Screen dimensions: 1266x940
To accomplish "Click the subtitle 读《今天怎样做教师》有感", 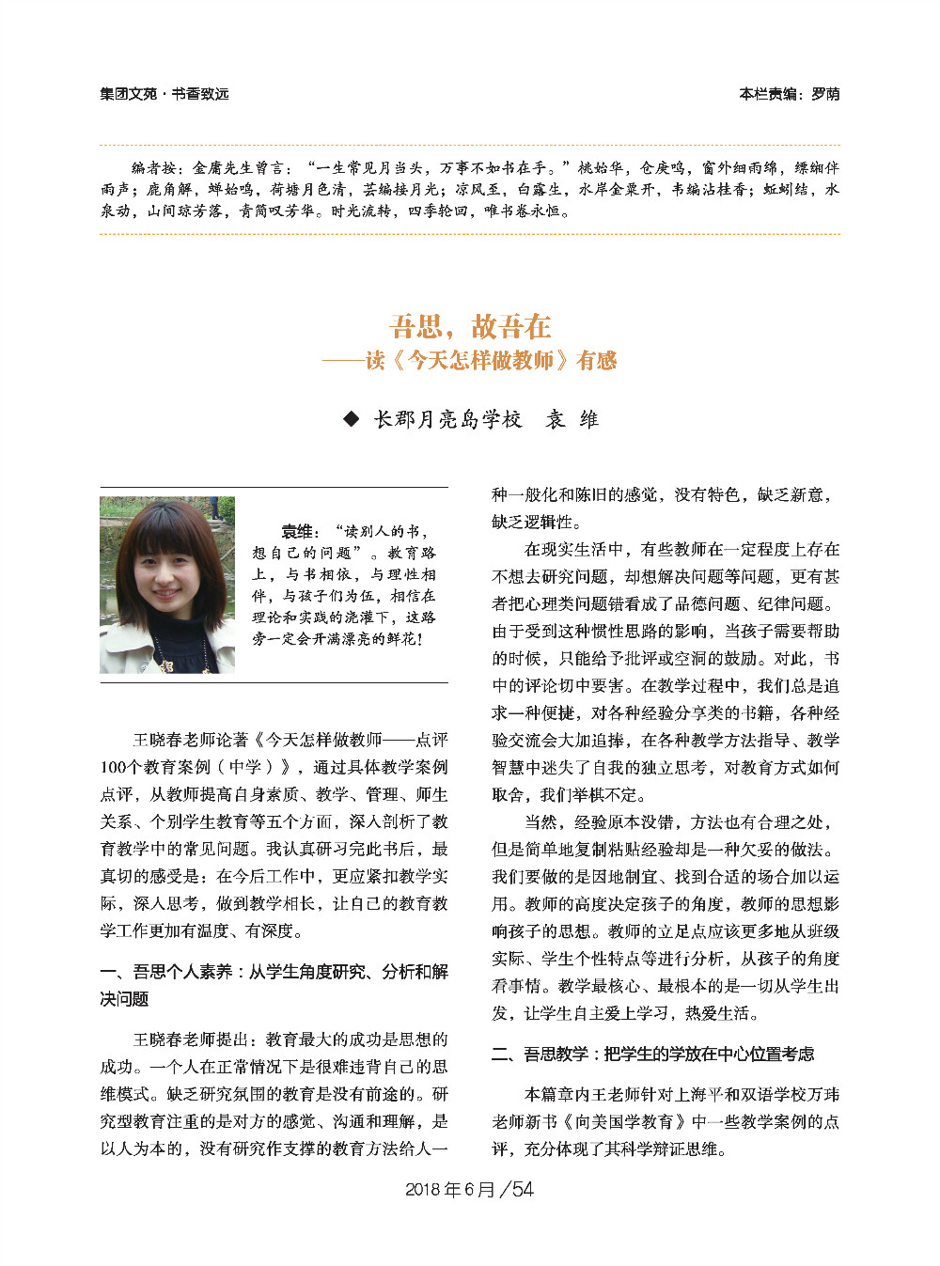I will [491, 360].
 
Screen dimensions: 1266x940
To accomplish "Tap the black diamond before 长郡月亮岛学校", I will [352, 419].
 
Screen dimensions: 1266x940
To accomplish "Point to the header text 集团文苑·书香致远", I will [164, 94].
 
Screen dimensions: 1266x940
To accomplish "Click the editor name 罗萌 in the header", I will [825, 94].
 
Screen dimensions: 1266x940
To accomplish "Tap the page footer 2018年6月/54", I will [469, 1189].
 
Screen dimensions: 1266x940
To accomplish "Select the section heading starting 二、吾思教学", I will [652, 1054].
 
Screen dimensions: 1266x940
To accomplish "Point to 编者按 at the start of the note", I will [151, 168].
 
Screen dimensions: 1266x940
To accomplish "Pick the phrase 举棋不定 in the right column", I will [604, 794].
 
